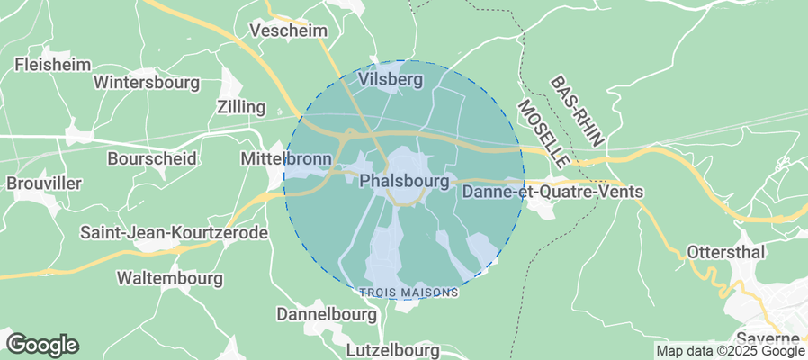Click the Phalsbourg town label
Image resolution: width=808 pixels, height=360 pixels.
pos(404,181)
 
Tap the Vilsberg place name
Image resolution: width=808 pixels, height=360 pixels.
pos(391,80)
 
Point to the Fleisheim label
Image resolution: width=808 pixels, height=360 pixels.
pos(51,65)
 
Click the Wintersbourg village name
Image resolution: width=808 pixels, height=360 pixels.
pos(147,83)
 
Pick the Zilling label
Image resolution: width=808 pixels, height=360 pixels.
pos(242,107)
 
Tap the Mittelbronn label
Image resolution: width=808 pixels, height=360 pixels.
pos(287,159)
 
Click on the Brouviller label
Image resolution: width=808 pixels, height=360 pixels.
pos(44,183)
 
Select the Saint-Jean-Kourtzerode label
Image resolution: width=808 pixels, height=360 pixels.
pos(175,233)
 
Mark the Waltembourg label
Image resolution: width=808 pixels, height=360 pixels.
pos(169,278)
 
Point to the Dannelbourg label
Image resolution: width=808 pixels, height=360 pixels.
pos(326,315)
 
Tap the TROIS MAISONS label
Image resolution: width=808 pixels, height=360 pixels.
pos(408,292)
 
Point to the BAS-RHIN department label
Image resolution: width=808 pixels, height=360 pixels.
pos(580,112)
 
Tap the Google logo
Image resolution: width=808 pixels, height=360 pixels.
pos(41,344)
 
